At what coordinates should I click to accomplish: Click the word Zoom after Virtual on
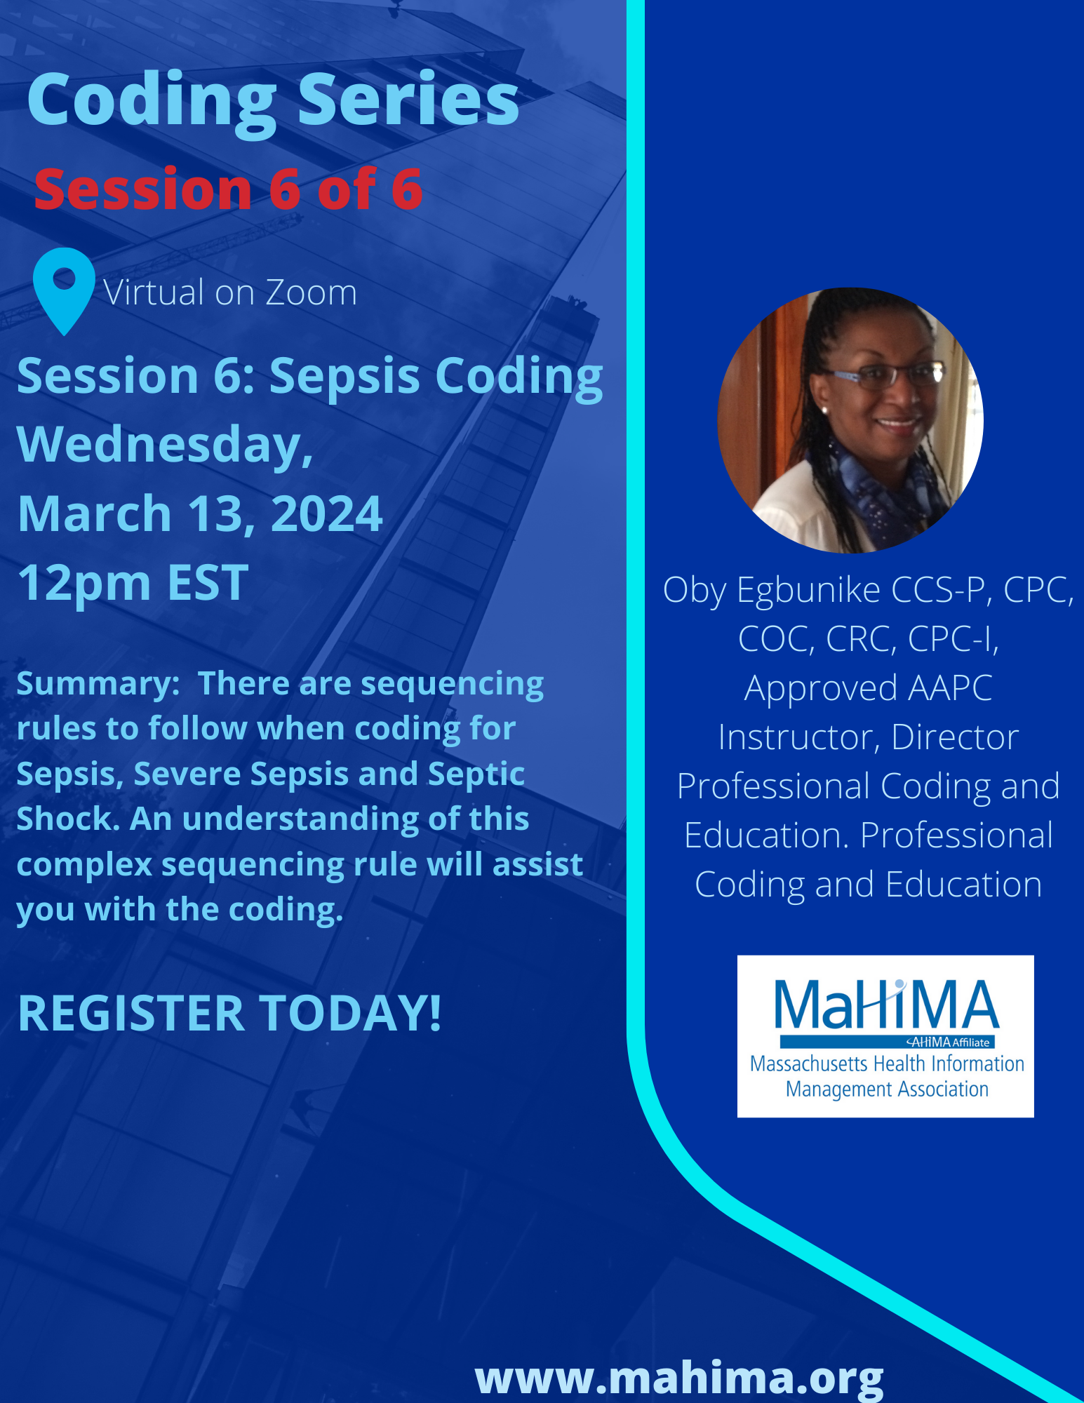tap(311, 293)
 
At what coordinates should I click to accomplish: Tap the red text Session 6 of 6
tap(229, 189)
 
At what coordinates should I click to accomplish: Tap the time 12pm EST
tap(133, 582)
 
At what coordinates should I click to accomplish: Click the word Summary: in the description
tap(98, 684)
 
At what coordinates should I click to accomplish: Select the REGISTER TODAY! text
tap(230, 1013)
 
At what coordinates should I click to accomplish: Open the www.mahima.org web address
tap(679, 1378)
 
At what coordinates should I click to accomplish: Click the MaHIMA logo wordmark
tap(885, 1004)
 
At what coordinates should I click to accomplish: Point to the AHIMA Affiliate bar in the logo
tap(887, 1042)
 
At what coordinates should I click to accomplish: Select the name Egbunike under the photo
tap(808, 590)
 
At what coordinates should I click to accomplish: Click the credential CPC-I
tap(953, 638)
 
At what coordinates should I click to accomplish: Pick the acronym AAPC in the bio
tap(950, 687)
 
